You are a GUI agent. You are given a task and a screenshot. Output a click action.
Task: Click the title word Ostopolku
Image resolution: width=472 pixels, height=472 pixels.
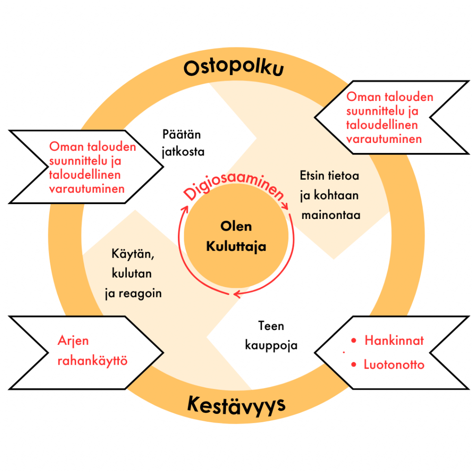coord(234,68)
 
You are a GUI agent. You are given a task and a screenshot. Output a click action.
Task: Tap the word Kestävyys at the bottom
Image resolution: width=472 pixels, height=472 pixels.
coord(236,405)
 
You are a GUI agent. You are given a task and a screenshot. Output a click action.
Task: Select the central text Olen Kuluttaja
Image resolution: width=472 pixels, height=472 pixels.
coord(236,236)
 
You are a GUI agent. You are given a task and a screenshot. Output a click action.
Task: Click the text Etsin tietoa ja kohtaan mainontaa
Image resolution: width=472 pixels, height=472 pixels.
coord(330,195)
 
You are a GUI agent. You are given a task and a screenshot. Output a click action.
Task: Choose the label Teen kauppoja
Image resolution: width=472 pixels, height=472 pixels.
coord(271,336)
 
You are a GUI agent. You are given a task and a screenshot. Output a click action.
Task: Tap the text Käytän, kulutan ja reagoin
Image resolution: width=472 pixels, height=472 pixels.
coord(133,274)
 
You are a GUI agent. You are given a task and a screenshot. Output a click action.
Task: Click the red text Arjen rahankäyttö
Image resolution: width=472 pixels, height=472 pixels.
coord(92,351)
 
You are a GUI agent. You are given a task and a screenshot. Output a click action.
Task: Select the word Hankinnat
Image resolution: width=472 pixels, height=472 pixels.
coord(394,341)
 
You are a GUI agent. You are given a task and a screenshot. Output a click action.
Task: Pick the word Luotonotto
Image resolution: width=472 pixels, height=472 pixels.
coord(394,365)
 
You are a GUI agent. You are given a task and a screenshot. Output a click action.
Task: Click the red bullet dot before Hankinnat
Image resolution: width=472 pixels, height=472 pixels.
coord(354,341)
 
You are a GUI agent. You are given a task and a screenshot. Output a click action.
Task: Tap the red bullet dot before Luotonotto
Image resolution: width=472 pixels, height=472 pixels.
coord(354,365)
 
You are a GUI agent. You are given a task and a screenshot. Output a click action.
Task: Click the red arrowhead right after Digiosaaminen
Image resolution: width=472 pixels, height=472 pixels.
coord(285,207)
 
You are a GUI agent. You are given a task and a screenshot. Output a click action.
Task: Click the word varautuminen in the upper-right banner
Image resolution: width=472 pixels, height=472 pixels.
coord(384,139)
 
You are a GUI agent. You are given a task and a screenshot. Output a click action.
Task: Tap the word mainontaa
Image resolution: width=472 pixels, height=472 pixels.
coord(330,215)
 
